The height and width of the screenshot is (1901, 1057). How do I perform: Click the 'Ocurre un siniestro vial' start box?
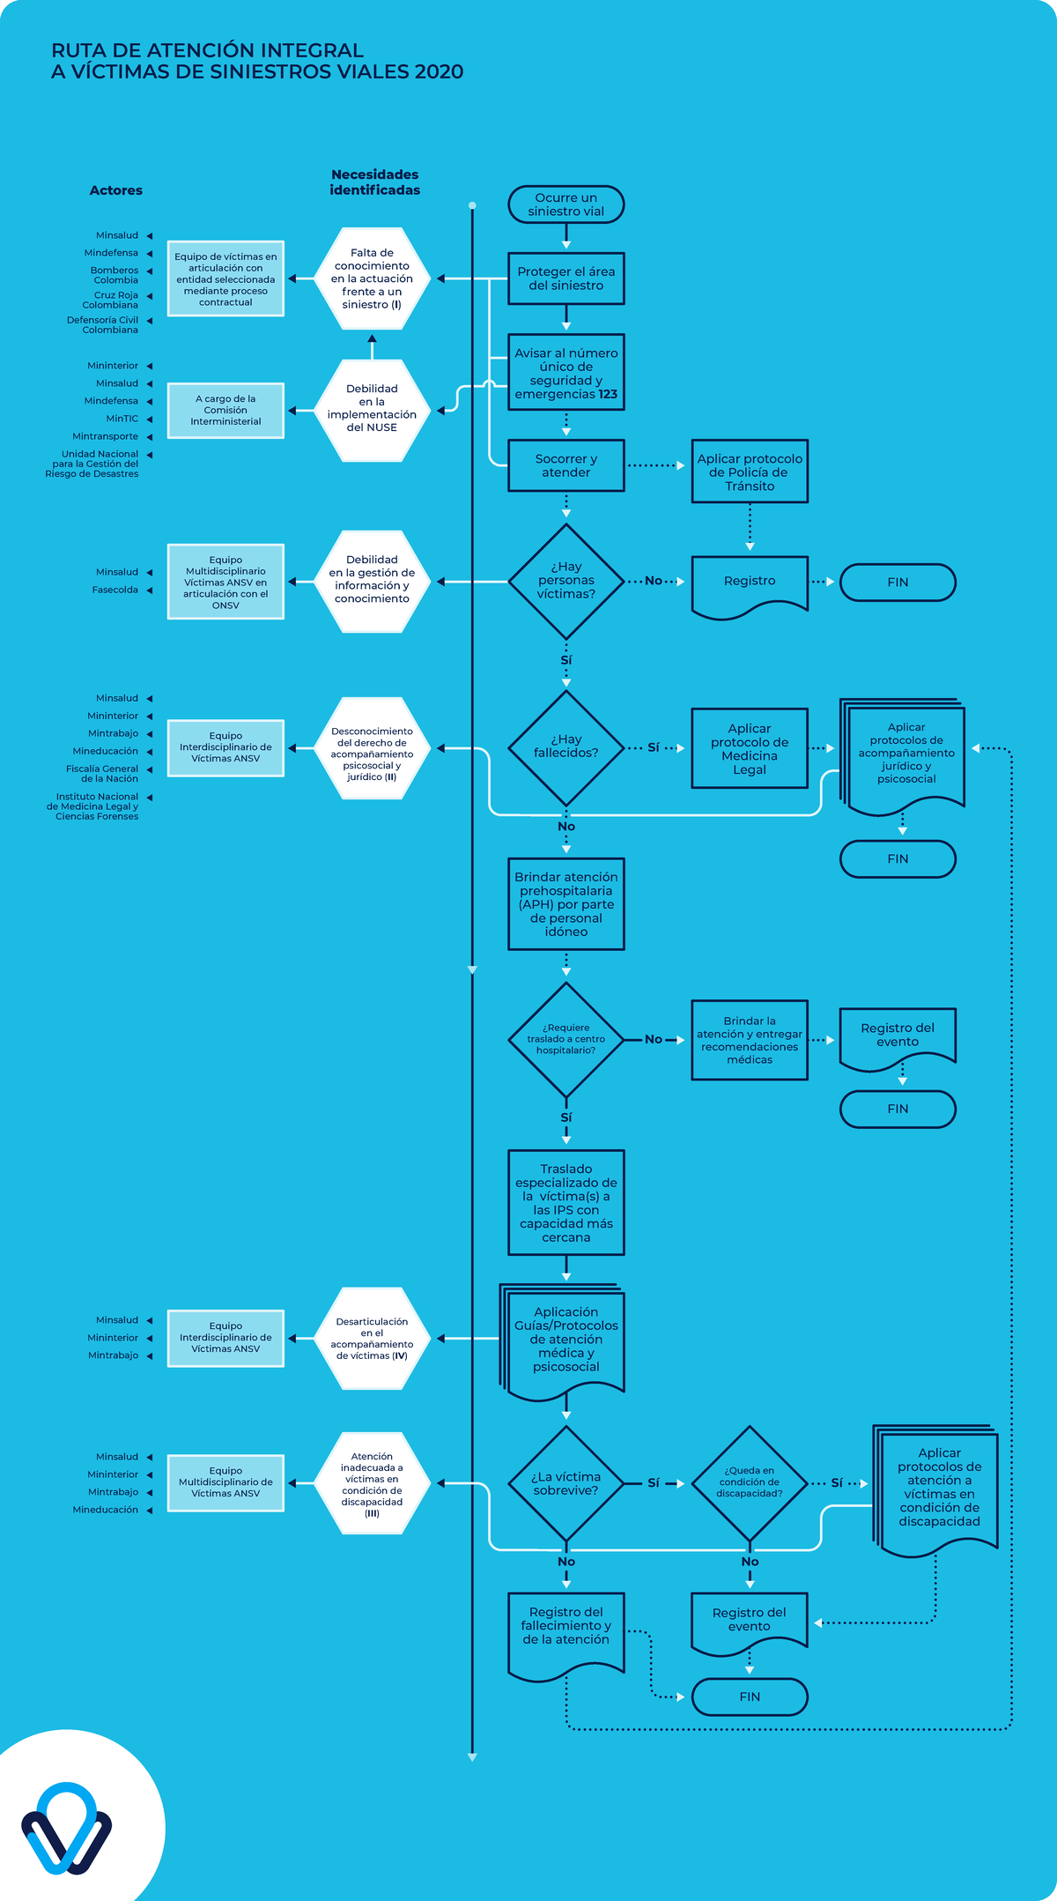[x=565, y=204]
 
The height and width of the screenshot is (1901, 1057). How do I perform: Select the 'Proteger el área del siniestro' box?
[x=565, y=278]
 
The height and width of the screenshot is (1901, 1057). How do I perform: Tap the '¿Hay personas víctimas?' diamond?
[x=565, y=582]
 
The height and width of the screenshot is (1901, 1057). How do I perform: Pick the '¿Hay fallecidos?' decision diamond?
[x=565, y=747]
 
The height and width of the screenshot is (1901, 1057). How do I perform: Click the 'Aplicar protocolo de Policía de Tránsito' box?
[x=750, y=472]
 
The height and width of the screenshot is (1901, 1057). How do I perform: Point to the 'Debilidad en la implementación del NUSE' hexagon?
[x=372, y=410]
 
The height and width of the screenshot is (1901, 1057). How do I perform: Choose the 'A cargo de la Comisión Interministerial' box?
[x=225, y=410]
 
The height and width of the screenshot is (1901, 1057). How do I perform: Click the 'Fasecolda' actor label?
[x=115, y=590]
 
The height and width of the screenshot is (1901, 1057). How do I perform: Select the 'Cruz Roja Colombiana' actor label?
[x=110, y=300]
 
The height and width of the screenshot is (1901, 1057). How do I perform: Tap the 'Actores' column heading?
[x=115, y=190]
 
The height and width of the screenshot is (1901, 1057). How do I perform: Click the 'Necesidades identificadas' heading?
[x=374, y=182]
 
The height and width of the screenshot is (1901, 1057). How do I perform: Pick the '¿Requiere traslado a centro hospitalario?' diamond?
[x=565, y=1040]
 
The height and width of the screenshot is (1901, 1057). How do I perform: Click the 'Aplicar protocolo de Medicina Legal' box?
[x=750, y=748]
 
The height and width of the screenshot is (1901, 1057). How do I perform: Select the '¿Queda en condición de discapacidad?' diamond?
[x=750, y=1483]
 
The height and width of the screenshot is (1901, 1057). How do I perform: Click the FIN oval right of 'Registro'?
[x=898, y=583]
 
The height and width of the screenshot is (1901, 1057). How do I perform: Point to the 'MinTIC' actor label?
[x=122, y=419]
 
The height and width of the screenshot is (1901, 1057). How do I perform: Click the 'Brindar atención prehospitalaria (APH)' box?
[x=565, y=904]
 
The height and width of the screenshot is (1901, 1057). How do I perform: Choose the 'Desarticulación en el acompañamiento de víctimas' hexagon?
[x=372, y=1338]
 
